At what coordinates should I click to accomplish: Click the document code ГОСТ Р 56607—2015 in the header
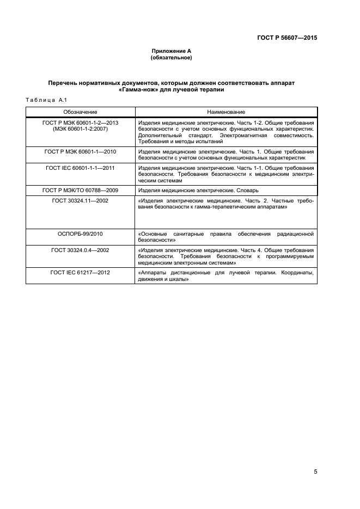(286, 38)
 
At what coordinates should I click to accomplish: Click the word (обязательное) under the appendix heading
(171, 57)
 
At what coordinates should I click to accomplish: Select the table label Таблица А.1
(46, 99)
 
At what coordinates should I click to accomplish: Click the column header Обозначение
(80, 112)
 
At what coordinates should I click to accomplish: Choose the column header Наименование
(225, 112)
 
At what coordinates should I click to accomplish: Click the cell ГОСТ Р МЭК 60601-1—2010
(80, 151)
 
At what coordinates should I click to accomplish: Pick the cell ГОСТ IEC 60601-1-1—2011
(80, 168)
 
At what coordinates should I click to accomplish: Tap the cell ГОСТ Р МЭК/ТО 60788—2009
(80, 191)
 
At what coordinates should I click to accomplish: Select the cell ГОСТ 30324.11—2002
(80, 201)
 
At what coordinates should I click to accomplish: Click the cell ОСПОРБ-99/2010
(80, 234)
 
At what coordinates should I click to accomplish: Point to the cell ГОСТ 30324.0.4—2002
(80, 250)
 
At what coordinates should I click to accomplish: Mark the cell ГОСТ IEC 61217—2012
(80, 272)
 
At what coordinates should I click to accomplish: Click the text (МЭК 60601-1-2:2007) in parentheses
(80, 129)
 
